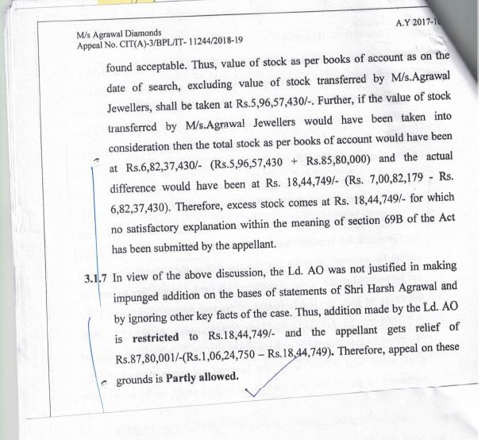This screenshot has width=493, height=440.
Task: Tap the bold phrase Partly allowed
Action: (x=202, y=375)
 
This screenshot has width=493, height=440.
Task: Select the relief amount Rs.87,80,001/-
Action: (x=148, y=357)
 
